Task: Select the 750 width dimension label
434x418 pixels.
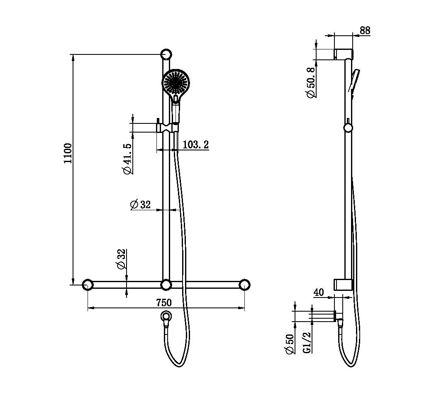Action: (x=163, y=302)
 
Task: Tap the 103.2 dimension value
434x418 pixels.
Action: (x=195, y=145)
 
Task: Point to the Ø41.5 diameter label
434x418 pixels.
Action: (x=127, y=158)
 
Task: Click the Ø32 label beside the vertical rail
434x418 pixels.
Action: (x=140, y=204)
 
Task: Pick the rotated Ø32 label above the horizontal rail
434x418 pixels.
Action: (x=121, y=260)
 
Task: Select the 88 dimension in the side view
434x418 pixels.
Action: (x=365, y=30)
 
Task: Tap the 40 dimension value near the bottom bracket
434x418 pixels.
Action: (x=319, y=292)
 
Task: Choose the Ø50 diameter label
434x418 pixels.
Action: (x=289, y=344)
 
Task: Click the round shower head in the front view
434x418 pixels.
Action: (x=176, y=82)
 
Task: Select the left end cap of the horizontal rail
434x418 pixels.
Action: (x=87, y=285)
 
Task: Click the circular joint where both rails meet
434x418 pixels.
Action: (x=166, y=285)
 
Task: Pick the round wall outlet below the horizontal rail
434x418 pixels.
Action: (x=166, y=316)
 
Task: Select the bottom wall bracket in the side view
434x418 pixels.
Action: (x=343, y=285)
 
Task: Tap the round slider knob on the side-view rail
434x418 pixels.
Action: (x=348, y=127)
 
